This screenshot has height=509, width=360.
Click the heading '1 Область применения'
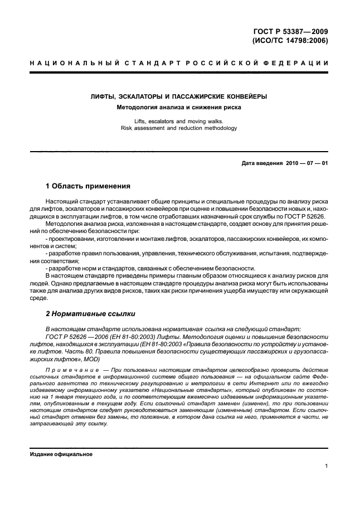87,186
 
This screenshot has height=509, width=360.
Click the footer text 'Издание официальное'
61,454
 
